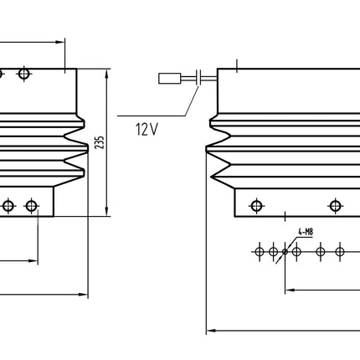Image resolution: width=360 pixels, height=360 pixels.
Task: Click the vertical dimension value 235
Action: [100, 142]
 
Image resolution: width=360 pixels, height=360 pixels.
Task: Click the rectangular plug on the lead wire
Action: [169, 80]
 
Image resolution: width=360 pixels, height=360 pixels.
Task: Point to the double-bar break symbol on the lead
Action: [200, 80]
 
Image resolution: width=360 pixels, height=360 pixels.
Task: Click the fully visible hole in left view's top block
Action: [24, 75]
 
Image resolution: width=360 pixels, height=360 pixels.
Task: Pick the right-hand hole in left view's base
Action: [32, 204]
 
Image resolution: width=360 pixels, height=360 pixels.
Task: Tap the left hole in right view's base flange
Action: [256, 205]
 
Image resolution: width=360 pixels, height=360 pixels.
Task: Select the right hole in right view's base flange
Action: [335, 205]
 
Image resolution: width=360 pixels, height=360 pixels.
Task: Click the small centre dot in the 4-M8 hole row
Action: [285, 250]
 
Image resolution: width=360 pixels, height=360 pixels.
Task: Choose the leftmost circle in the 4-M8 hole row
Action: [260, 250]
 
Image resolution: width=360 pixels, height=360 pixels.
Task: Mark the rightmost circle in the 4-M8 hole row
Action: [339, 250]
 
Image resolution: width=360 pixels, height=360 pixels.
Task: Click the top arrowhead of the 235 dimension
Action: [108, 73]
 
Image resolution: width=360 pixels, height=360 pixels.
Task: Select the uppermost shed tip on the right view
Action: [209, 128]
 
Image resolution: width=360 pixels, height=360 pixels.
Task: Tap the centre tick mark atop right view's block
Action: [239, 64]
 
